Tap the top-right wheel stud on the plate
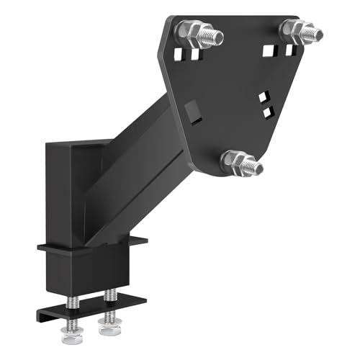(301, 30)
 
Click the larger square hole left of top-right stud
(269, 50)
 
